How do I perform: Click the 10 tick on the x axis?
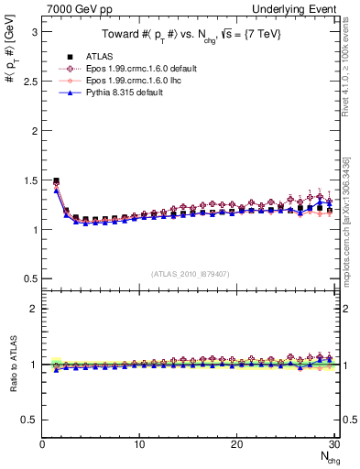pos(139,444)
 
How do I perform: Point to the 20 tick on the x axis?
pos(236,444)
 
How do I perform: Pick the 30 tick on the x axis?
pos(333,444)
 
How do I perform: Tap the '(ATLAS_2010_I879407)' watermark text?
pos(190,272)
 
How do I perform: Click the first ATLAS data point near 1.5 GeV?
pos(57,180)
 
